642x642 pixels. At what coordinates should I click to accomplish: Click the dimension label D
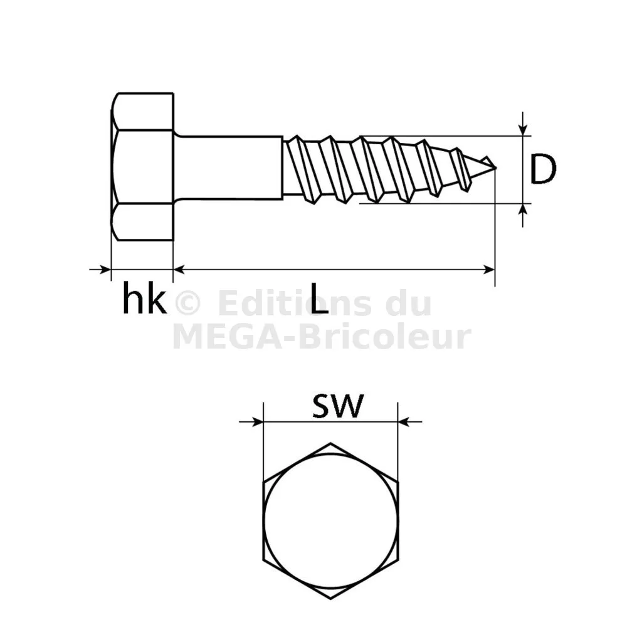coord(543,168)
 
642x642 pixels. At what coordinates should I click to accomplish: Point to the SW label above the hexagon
coord(338,406)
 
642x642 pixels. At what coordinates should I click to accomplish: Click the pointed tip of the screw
coord(495,167)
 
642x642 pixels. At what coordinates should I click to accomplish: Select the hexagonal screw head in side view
coord(142,167)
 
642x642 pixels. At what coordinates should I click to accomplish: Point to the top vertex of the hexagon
coord(331,443)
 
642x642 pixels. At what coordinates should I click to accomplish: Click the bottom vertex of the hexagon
coord(331,599)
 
